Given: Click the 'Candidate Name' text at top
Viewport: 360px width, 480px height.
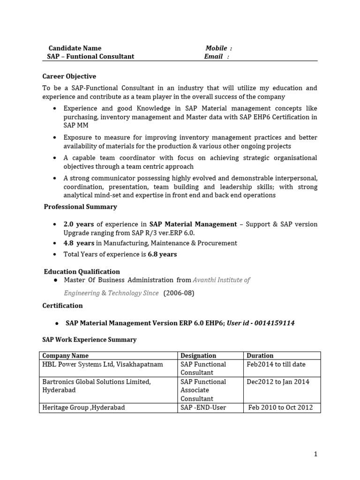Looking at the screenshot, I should (75, 48).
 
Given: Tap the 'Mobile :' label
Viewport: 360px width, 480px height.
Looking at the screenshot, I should (218, 48).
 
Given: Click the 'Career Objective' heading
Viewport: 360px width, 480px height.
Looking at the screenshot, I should (69, 76).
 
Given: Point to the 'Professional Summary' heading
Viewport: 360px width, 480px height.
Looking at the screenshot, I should (80, 207).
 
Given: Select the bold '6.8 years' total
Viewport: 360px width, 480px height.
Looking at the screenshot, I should (162, 255).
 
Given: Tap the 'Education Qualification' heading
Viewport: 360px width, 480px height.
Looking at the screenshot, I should (82, 272).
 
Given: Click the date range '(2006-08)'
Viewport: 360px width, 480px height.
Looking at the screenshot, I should (179, 293).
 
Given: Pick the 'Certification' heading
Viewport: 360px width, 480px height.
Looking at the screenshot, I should (63, 306).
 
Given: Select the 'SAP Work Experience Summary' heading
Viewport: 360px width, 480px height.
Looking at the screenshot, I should (89, 340).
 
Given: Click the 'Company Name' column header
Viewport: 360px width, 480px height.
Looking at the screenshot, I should (65, 356).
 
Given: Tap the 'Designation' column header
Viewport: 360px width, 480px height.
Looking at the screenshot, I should (198, 356).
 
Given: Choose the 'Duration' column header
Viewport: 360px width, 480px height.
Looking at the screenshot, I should (260, 356).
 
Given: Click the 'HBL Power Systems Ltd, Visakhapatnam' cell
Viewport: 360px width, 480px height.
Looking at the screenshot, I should (103, 364).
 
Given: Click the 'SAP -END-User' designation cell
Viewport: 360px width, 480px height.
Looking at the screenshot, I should (203, 408).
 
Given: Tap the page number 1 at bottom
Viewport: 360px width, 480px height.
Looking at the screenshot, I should (316, 454).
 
